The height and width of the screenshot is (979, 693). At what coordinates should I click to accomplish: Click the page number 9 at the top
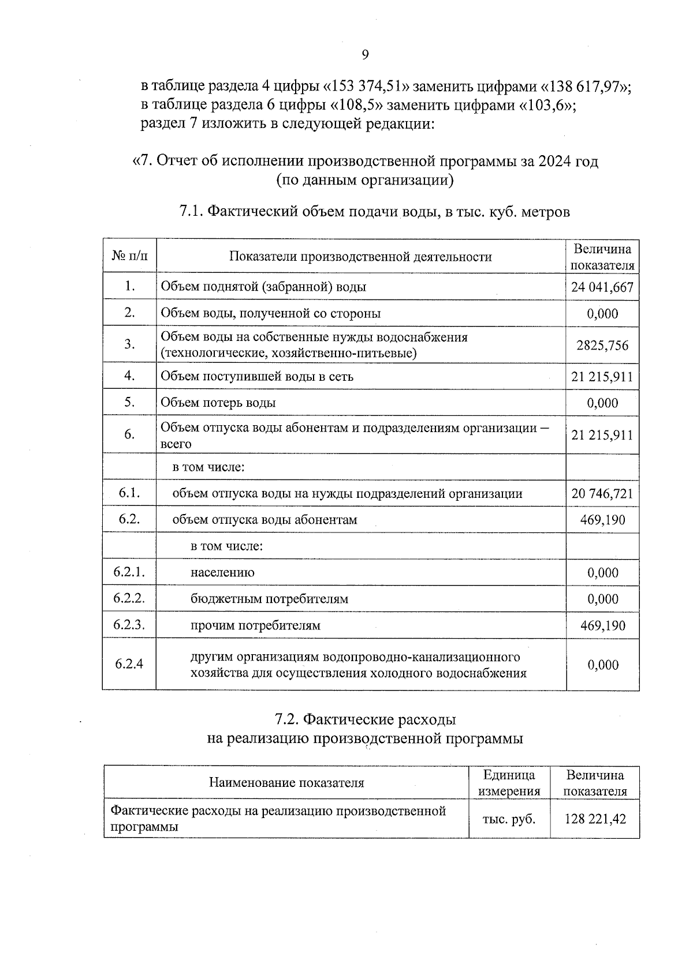tap(365, 55)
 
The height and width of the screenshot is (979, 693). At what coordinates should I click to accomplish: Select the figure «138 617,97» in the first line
tap(584, 87)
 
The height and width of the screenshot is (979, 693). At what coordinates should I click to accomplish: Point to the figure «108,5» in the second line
tap(358, 106)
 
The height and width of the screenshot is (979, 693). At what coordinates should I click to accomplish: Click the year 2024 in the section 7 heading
tap(555, 161)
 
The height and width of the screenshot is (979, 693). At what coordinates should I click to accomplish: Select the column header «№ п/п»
tap(129, 256)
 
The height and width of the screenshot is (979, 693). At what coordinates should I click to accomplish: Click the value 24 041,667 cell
tap(602, 287)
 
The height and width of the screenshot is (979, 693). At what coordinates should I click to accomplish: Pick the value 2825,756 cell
tap(602, 345)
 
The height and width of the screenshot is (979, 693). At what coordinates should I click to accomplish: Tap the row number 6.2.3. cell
tap(129, 625)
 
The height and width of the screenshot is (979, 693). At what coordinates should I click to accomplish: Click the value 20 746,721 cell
tap(602, 494)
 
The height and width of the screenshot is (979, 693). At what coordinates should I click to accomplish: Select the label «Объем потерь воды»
tap(218, 403)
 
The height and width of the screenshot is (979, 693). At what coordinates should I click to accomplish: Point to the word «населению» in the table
tap(222, 572)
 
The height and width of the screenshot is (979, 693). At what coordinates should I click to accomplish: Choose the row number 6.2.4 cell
tap(129, 664)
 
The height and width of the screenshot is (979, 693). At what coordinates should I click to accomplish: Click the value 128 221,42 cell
tap(595, 819)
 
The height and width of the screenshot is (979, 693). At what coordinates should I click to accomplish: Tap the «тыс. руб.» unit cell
tap(509, 819)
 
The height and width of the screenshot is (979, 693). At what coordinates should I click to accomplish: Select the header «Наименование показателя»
tap(286, 783)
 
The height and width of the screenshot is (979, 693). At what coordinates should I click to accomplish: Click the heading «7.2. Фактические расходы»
tap(365, 719)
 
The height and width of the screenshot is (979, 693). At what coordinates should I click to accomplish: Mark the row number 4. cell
tap(129, 376)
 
